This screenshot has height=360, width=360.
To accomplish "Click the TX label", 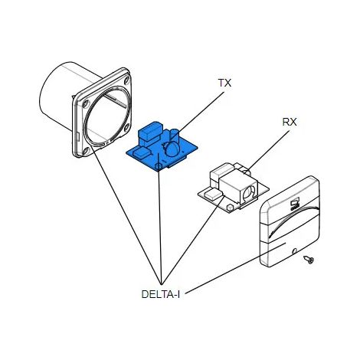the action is point(224,83).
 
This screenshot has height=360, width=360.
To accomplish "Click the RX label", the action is point(290,122).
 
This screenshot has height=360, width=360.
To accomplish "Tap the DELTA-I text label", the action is point(161,294).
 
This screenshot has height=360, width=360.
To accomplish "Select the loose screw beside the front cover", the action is point(309,260).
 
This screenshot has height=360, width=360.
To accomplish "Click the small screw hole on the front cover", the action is point(295,251).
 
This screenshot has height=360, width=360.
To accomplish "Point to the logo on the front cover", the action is point(295,205).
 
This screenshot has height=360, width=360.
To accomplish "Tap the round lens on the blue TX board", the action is point(172,149).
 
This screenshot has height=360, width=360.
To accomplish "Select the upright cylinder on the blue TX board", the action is point(175,136).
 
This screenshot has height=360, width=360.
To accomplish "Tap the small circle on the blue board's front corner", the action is point(159,167).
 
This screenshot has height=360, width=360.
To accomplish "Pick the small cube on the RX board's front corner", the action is point(230,207).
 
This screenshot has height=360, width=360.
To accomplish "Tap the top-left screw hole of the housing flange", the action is point(86,103).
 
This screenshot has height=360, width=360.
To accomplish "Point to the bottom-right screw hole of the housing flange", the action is point(127,126).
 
